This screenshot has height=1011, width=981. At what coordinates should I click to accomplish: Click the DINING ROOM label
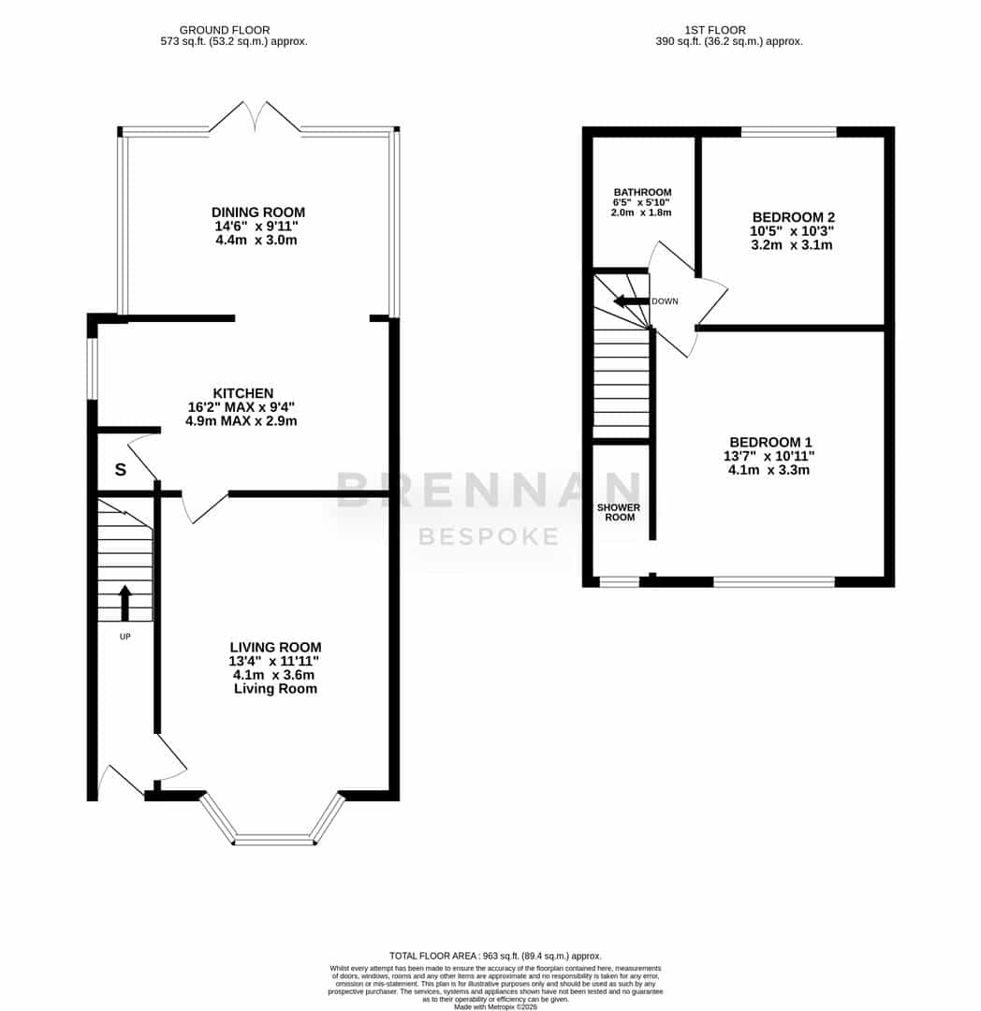(257, 212)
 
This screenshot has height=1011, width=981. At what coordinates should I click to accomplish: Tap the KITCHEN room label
(243, 393)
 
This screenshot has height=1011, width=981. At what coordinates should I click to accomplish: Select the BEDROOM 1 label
(770, 442)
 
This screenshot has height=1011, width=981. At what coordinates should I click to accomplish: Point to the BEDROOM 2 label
(794, 217)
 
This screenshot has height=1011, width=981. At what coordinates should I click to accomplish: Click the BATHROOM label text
(643, 192)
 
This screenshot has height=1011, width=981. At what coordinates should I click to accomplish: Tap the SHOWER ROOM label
(619, 512)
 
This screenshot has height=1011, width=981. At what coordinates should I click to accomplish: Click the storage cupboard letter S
(121, 469)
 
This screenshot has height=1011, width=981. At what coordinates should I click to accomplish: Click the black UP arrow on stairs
(125, 603)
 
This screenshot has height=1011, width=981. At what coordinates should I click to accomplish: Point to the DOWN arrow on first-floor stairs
(631, 301)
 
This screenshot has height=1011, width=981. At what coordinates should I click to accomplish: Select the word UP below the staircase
(125, 637)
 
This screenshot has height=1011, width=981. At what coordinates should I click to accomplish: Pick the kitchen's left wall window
(92, 369)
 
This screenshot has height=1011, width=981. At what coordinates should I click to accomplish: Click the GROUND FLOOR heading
(225, 30)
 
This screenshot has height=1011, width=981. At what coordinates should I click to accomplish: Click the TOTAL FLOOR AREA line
(495, 956)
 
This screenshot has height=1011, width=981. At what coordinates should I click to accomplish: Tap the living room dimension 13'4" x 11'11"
(274, 661)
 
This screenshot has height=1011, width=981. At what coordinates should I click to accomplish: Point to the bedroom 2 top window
(789, 132)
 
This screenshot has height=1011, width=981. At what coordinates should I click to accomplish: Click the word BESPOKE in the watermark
(489, 536)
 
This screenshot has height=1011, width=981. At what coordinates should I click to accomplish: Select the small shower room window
(620, 582)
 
